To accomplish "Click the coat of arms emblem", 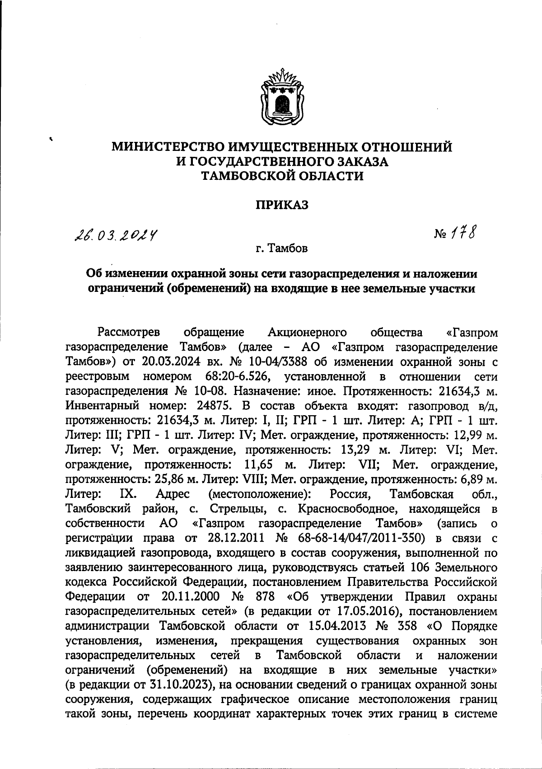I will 282,96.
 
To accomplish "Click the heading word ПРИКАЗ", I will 282,205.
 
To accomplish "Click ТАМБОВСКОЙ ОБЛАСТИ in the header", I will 282,176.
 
